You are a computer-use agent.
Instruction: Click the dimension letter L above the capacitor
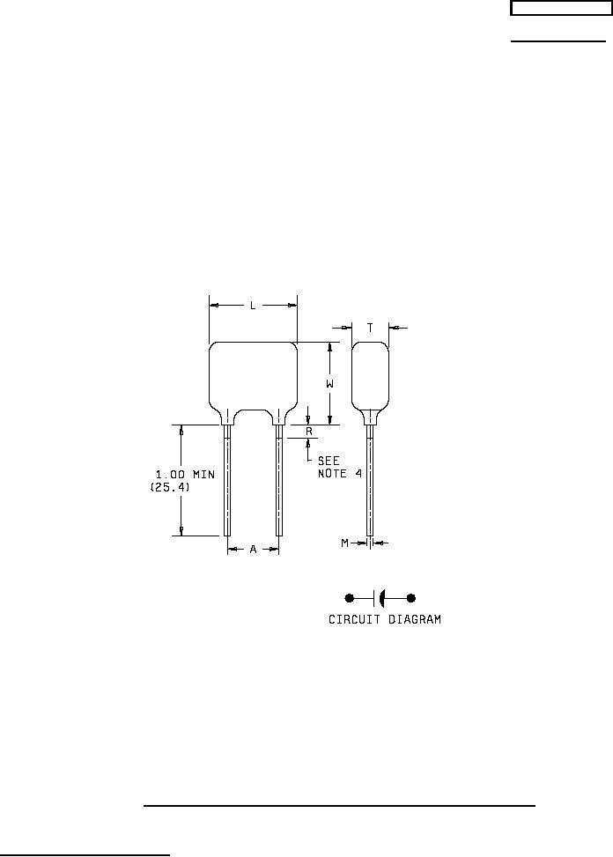253,306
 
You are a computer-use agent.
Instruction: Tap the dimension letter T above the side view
370,328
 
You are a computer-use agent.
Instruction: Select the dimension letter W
329,384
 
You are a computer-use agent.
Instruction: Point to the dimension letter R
308,432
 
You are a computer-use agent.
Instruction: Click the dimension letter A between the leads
253,549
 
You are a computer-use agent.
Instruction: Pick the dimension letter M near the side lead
344,543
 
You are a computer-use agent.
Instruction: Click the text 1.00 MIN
185,475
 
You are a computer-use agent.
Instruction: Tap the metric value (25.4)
170,486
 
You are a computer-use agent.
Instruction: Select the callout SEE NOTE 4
340,468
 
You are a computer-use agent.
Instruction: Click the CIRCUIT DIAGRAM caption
385,619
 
